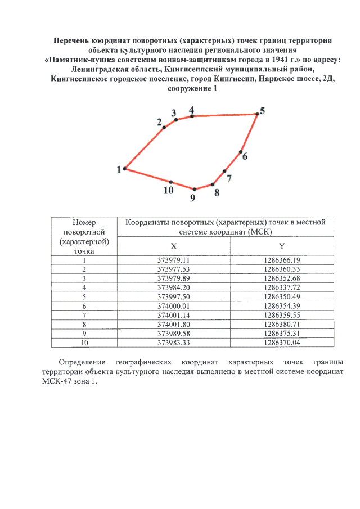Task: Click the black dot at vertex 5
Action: (258, 114)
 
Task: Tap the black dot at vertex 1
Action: (125, 169)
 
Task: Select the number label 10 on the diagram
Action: (168, 191)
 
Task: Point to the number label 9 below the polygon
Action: (193, 197)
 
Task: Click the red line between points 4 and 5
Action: (225, 115)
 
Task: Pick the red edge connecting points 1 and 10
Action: (148, 175)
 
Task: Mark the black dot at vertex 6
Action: (241, 152)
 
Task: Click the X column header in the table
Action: (173, 247)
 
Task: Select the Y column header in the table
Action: (281, 247)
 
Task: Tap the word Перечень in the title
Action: (72, 40)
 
